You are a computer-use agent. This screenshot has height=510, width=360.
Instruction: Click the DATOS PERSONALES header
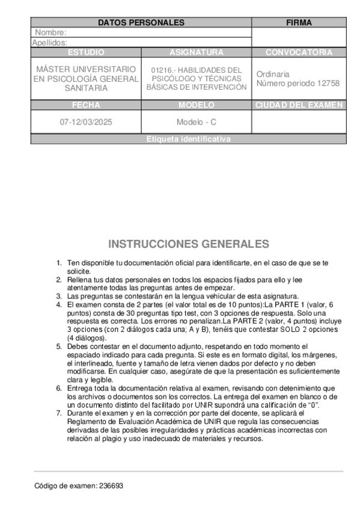pyautogui.click(x=141, y=22)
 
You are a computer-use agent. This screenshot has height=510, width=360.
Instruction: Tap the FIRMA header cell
pyautogui.click(x=299, y=22)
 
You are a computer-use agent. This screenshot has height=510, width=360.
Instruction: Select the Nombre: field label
pyautogui.click(x=50, y=32)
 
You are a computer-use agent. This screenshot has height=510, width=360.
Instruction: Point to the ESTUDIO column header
pyautogui.click(x=85, y=52)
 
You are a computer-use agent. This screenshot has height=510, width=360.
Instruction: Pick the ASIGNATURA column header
pyautogui.click(x=196, y=52)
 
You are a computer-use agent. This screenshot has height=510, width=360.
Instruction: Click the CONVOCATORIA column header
pyautogui.click(x=299, y=52)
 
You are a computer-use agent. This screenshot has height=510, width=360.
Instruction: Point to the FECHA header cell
pyautogui.click(x=85, y=105)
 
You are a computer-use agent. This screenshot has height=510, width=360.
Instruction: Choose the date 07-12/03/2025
pyautogui.click(x=85, y=122)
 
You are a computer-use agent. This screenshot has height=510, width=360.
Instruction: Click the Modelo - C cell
pyautogui.click(x=196, y=122)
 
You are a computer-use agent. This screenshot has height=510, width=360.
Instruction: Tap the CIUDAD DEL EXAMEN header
pyautogui.click(x=299, y=105)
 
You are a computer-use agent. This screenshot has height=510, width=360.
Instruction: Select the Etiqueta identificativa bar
pyautogui.click(x=188, y=139)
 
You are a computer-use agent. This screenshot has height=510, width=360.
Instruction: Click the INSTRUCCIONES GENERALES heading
pyautogui.click(x=189, y=244)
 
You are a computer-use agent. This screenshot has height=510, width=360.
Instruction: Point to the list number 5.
pyautogui.click(x=59, y=346)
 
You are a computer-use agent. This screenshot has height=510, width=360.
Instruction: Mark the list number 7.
pyautogui.click(x=59, y=413)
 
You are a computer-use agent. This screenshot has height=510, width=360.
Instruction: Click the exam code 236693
pyautogui.click(x=111, y=485)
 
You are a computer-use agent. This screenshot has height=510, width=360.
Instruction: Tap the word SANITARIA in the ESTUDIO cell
pyautogui.click(x=86, y=88)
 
